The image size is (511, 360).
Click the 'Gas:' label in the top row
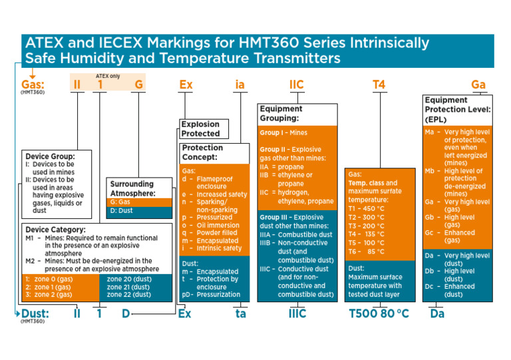[x=33, y=85]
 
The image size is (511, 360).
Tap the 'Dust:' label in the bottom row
[x=34, y=312]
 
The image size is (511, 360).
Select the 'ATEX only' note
[x=108, y=76]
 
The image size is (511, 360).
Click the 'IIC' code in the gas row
[x=297, y=85]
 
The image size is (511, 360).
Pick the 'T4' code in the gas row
[x=379, y=85]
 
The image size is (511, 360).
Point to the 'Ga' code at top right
[x=478, y=85]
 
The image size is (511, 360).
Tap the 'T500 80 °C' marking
[x=379, y=313]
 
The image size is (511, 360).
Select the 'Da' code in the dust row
[x=437, y=313]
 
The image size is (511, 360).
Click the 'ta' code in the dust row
[x=240, y=313]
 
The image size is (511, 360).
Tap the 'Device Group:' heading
[x=50, y=156]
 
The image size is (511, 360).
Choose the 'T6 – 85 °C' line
[x=366, y=252]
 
